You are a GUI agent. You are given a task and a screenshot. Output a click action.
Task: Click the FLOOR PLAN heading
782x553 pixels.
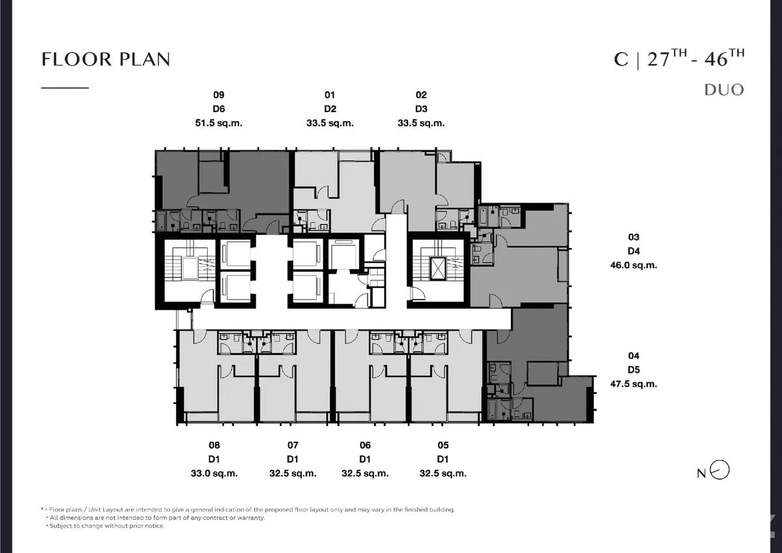[x=106, y=59]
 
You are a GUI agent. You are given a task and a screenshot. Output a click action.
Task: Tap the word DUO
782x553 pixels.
[x=724, y=90]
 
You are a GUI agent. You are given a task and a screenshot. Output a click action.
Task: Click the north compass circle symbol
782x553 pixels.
[x=720, y=470]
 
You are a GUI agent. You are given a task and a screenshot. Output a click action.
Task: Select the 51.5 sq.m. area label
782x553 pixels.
[x=218, y=123]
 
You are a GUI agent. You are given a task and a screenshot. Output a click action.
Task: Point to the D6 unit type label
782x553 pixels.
[x=218, y=109]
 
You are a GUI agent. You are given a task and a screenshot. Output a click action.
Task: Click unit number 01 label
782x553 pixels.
[x=330, y=95]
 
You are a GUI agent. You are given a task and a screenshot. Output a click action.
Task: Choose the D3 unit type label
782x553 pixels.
[x=421, y=109]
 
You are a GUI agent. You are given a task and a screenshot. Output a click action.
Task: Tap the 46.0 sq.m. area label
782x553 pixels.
[x=633, y=265]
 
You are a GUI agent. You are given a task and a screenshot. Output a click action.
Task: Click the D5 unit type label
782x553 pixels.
[x=633, y=370]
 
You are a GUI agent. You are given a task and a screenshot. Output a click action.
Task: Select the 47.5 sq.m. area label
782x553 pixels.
[x=633, y=384]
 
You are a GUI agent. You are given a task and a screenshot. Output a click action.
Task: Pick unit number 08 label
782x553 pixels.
[x=214, y=445]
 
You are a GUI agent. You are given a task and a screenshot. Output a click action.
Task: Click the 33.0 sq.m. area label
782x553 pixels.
[x=214, y=474]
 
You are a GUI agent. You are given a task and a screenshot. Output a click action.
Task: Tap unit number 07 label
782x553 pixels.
[x=293, y=445]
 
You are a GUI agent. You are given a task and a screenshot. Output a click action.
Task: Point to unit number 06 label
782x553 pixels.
[x=365, y=445]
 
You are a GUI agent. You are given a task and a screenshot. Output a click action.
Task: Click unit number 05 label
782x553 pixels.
[x=443, y=445]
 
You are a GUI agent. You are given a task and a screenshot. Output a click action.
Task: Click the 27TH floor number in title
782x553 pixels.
[x=667, y=58]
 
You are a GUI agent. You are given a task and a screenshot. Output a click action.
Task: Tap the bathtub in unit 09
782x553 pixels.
[x=162, y=221]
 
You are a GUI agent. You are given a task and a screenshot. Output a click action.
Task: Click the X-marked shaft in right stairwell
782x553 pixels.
[x=438, y=268]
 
